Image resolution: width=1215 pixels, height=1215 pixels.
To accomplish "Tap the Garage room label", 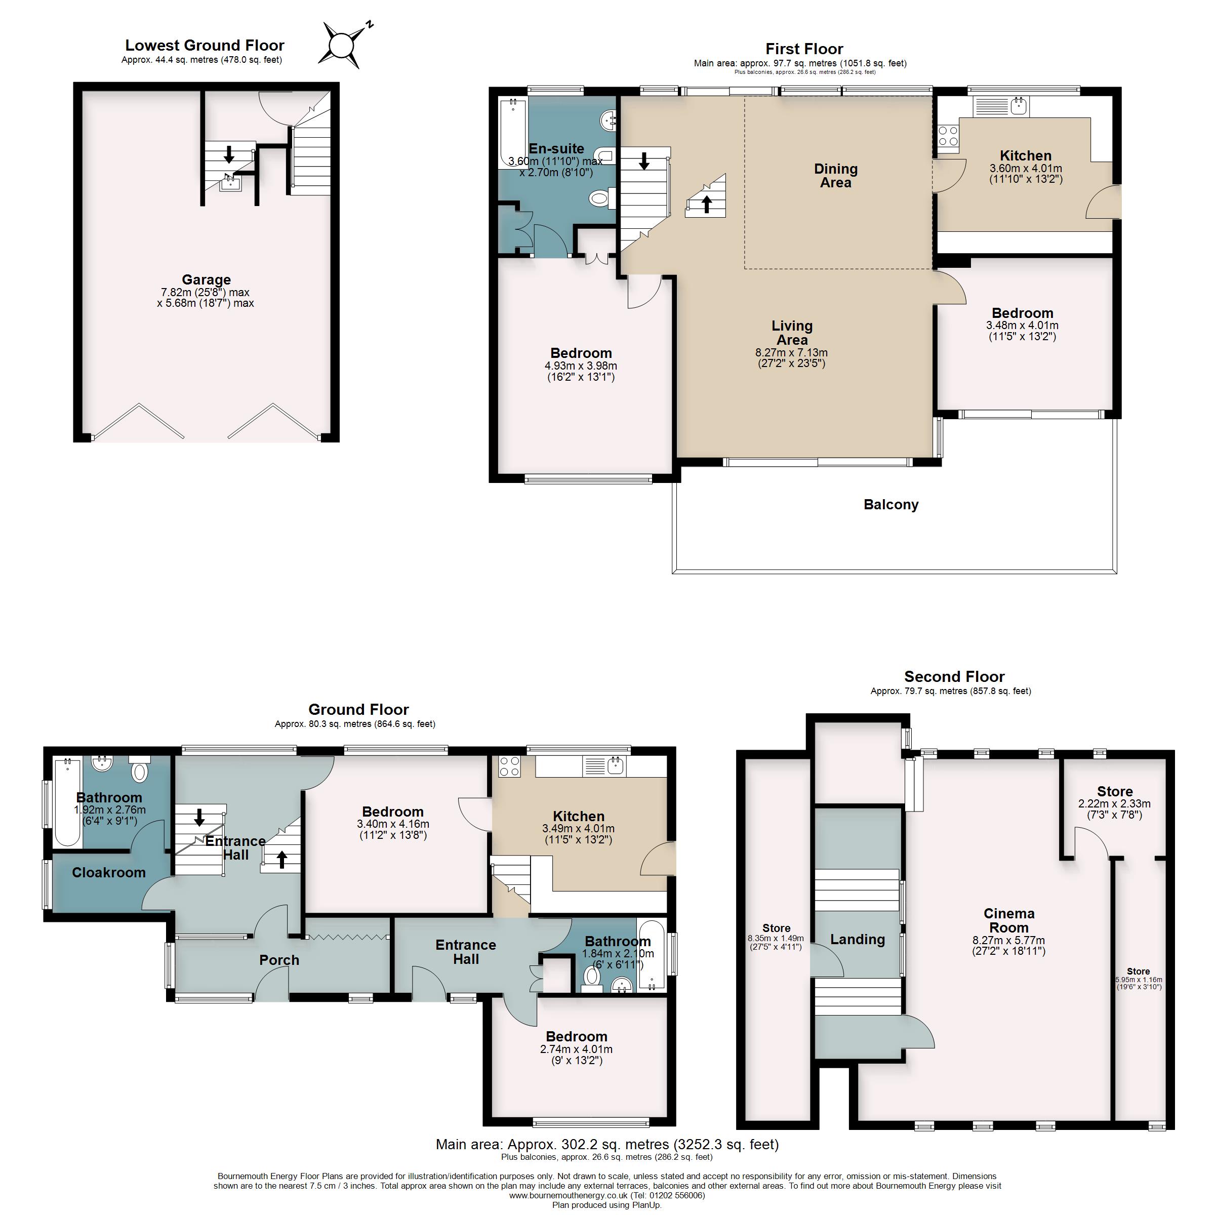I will point(206,280).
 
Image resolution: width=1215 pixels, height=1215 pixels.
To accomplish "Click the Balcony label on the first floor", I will point(890,504).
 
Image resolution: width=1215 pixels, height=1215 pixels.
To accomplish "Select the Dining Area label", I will point(835,176).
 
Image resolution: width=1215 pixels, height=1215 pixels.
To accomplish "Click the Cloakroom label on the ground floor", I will point(109,872).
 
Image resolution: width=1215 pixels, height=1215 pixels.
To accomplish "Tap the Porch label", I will point(279,960).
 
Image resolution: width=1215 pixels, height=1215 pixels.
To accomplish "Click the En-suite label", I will point(556,148).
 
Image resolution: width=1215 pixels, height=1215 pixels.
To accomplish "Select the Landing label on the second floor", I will point(857,939).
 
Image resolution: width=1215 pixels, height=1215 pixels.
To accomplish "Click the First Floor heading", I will point(804,49).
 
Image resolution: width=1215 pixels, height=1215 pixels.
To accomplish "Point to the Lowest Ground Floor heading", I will point(205,45).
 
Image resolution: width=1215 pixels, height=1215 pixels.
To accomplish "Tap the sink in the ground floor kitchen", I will point(615,765).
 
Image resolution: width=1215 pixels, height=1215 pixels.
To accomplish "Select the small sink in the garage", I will point(231,183).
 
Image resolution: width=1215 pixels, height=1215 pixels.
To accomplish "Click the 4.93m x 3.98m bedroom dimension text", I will point(581,366).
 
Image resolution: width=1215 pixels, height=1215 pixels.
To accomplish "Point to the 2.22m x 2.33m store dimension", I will point(1114,804).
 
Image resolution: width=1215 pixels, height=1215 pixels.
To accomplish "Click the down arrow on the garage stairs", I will point(229,154).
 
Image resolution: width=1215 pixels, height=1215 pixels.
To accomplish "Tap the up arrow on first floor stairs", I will point(706,204).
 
